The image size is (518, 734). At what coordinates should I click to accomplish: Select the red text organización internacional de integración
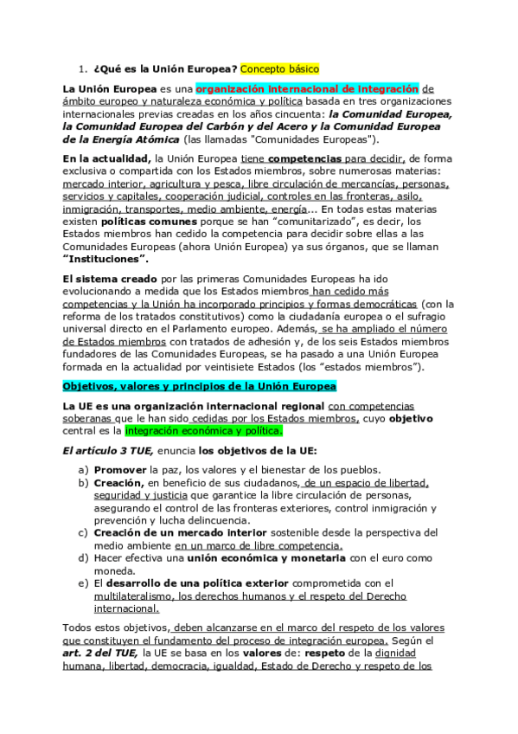point(308,88)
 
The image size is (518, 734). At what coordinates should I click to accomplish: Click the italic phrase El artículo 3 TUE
point(106,450)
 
